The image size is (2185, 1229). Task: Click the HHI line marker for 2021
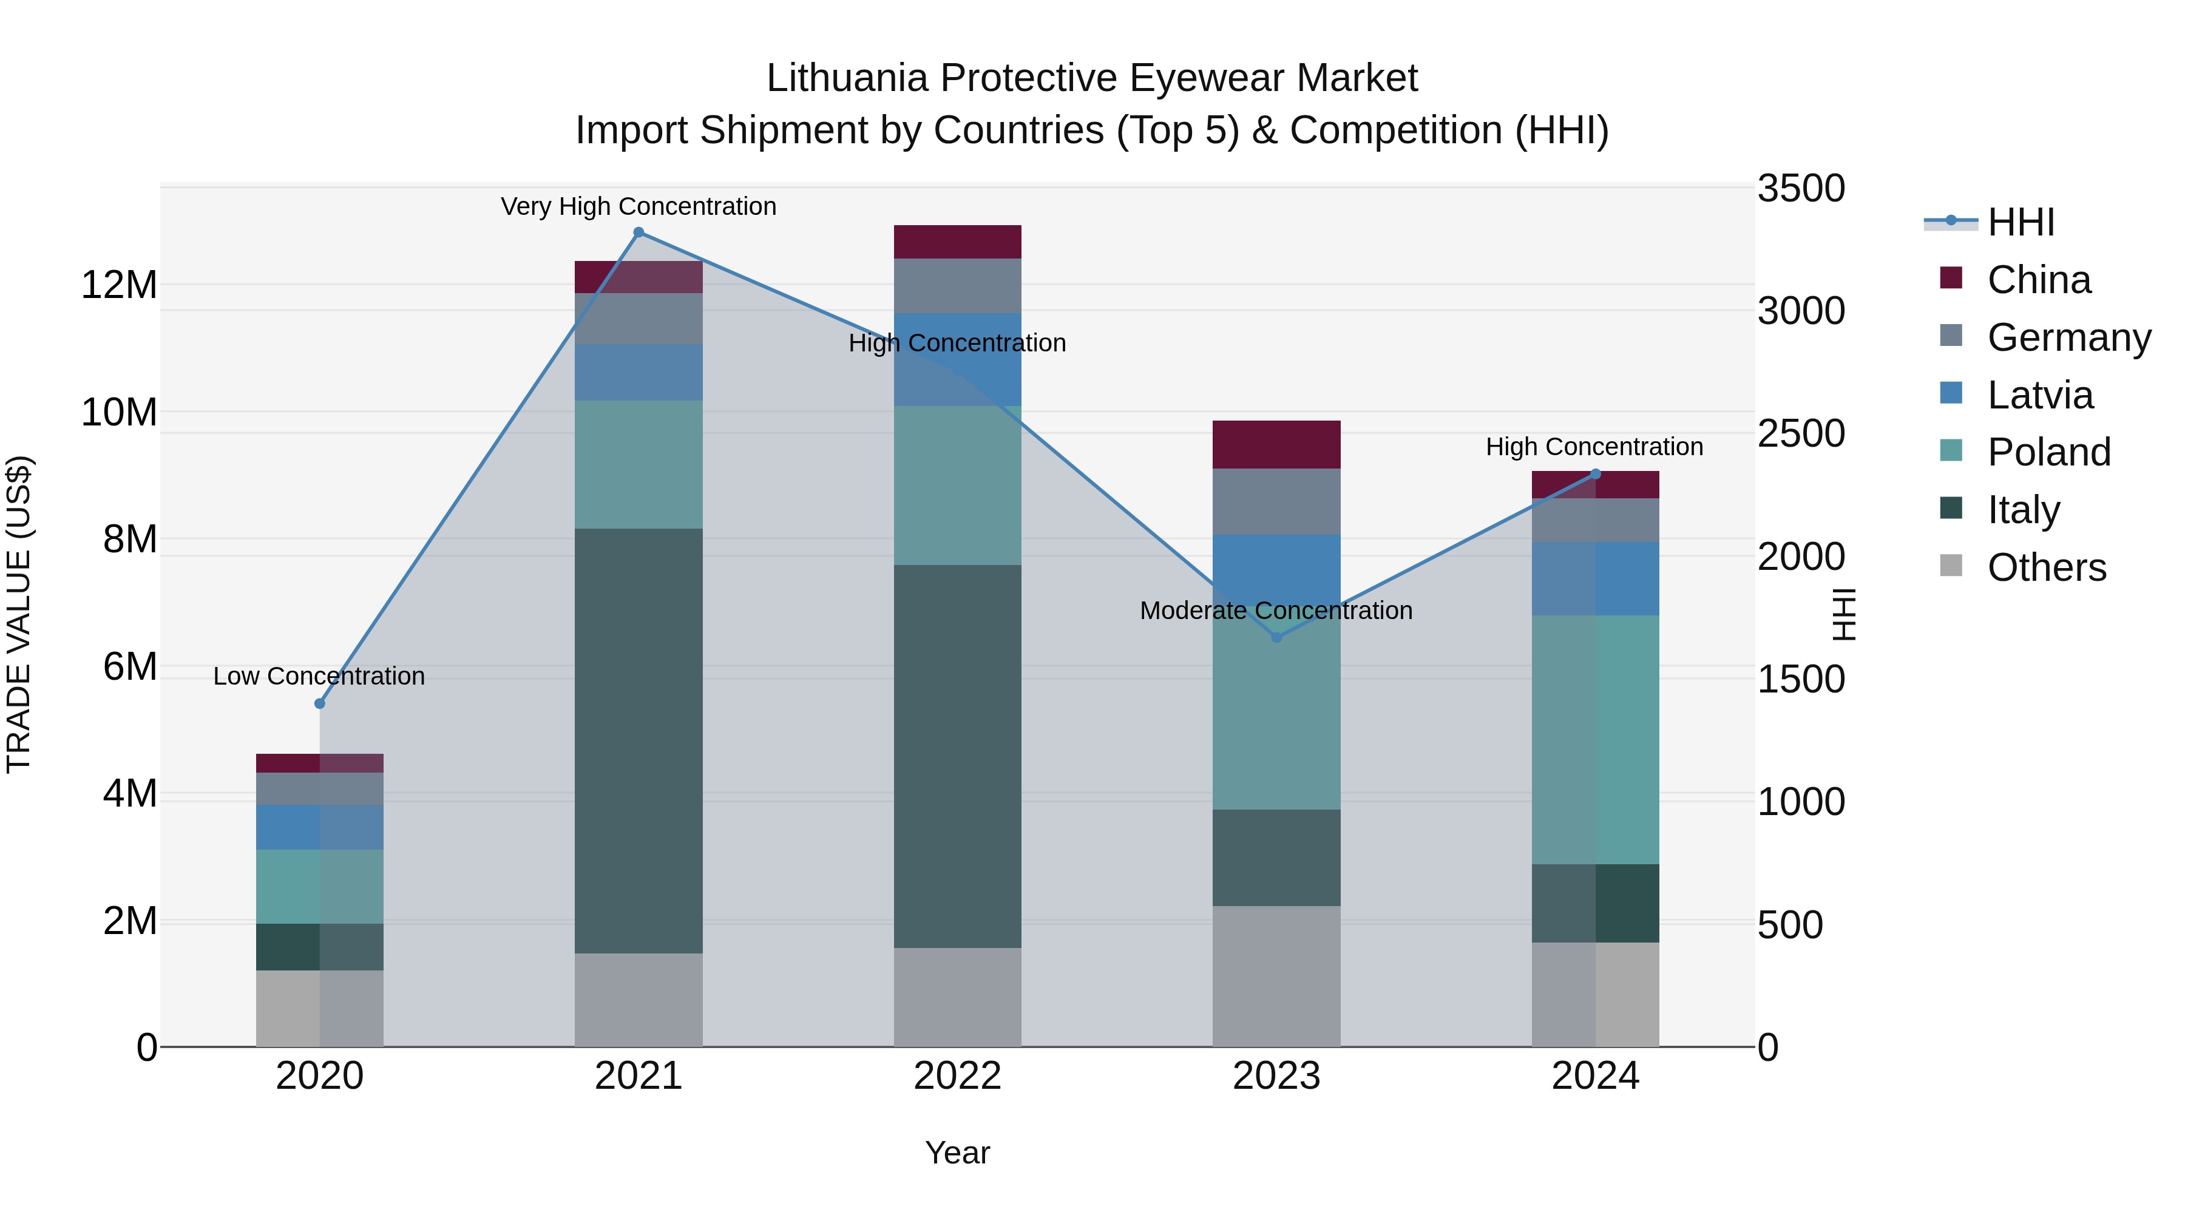click(639, 232)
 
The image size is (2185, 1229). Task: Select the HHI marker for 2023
click(1276, 637)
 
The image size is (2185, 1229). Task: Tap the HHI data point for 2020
click(320, 704)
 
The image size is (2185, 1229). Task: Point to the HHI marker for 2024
click(1596, 474)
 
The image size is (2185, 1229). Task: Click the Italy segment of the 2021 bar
click(639, 740)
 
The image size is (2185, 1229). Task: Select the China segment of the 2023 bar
click(1276, 444)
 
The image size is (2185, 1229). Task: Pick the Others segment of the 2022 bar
click(958, 997)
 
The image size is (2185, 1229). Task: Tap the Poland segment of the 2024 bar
click(1596, 740)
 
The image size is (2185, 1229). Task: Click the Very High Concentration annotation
click(639, 206)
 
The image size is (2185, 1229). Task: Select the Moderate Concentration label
click(1276, 611)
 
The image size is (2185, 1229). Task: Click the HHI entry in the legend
click(2021, 222)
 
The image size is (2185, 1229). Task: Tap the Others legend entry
click(2046, 567)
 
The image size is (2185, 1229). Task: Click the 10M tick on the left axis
click(119, 412)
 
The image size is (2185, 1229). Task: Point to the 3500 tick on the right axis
click(1801, 188)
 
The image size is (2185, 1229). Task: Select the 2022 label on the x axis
click(958, 1076)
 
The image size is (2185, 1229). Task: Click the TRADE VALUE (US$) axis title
click(19, 614)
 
